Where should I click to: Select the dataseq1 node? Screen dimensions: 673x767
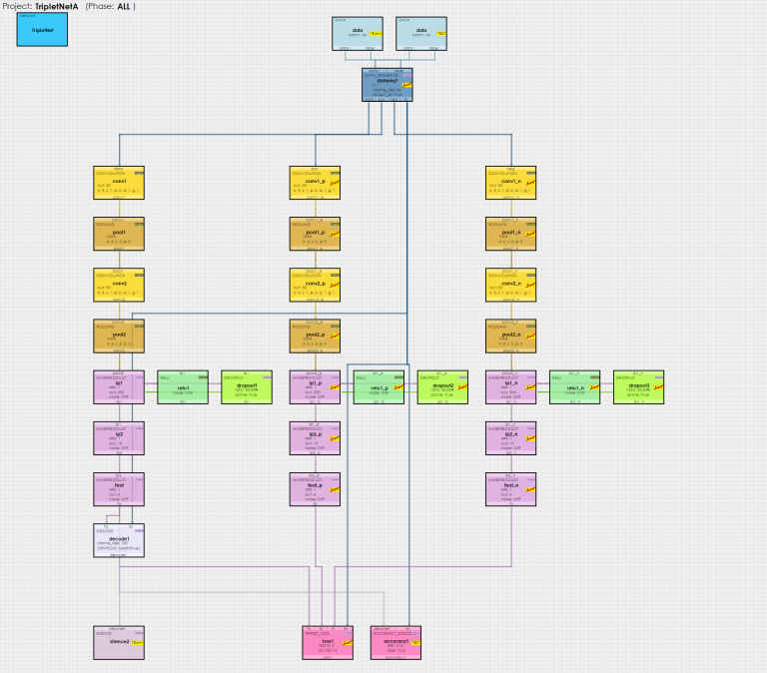(x=386, y=84)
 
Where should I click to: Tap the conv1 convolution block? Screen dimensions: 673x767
(x=119, y=184)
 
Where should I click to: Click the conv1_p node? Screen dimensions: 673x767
(x=315, y=184)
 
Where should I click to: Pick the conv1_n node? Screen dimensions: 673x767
(x=510, y=184)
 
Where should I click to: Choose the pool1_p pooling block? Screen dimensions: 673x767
(x=315, y=235)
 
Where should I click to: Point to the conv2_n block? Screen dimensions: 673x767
(x=510, y=286)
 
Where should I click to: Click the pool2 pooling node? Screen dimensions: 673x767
(x=119, y=336)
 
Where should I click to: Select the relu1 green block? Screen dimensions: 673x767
(x=183, y=387)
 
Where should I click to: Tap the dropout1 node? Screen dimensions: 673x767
(x=247, y=387)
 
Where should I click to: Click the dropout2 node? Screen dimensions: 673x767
(x=442, y=387)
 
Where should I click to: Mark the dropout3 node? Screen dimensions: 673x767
(x=638, y=387)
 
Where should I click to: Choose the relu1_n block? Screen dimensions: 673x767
(x=574, y=387)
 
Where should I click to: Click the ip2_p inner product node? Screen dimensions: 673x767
(x=315, y=438)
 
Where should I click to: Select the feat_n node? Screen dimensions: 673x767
(x=510, y=489)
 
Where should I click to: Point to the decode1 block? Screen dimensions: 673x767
(x=119, y=540)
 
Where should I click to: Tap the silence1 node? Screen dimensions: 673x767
(x=119, y=643)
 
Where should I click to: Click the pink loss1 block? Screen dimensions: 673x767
(x=328, y=643)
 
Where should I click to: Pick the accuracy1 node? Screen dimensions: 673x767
(x=402, y=643)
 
